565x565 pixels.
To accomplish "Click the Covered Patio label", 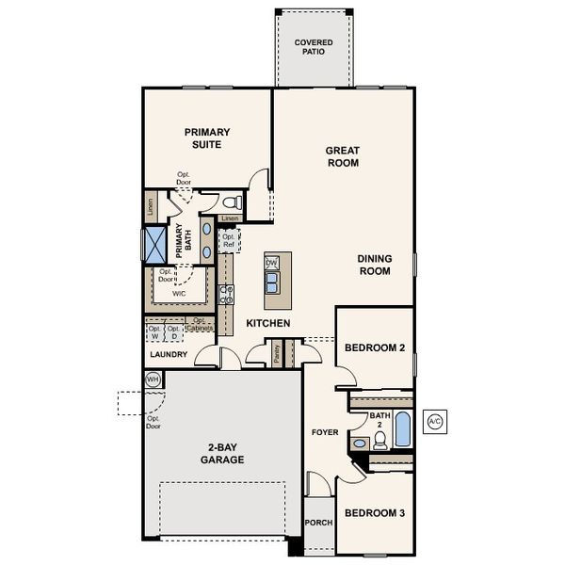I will point(313,48).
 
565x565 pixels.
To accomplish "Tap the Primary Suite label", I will point(207,138).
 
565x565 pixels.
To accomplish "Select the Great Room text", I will point(343,156).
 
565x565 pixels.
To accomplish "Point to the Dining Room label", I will point(374,265).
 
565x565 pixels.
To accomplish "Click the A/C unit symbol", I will point(435,423).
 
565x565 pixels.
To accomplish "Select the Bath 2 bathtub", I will point(402,429).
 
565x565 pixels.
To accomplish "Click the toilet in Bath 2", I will point(360,442).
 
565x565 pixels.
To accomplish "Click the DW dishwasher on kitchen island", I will point(272,263).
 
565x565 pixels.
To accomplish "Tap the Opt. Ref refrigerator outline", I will point(229,240).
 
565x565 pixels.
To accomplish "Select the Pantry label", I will point(277,353).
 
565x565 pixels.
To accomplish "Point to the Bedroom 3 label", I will point(374,513).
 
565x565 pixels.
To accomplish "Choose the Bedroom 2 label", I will point(374,347).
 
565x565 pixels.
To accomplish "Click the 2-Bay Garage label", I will point(221,454).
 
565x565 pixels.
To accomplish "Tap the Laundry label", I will point(169,355).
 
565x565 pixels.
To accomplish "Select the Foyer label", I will point(325,432).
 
